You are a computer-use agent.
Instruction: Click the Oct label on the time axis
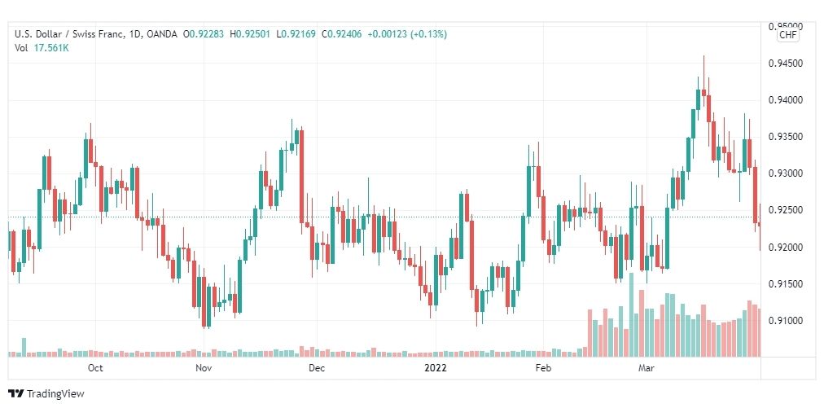[95, 368]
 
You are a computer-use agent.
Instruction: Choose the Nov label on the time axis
[204, 368]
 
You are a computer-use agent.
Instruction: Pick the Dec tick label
[317, 368]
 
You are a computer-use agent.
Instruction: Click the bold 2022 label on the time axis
[436, 368]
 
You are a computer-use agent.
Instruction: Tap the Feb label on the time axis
[543, 368]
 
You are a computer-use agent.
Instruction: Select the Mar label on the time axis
[646, 368]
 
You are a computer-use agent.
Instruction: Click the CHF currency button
[788, 35]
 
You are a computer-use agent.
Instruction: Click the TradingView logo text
[55, 394]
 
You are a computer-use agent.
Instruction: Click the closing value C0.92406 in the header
[342, 35]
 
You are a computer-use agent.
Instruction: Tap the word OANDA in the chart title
[162, 35]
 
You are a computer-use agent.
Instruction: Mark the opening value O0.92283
[204, 35]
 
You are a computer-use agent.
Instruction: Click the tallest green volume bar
[631, 315]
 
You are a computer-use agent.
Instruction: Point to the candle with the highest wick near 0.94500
[703, 80]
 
